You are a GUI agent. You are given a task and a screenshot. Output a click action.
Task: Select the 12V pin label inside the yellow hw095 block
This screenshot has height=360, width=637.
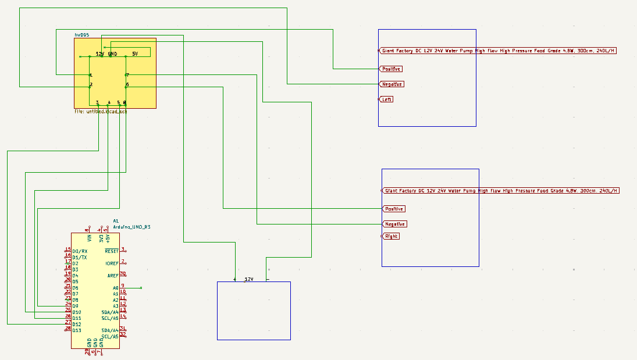[99, 54]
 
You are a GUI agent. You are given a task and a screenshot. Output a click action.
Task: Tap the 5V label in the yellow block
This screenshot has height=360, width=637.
[135, 54]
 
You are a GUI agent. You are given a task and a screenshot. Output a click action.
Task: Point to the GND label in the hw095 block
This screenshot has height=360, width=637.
[112, 54]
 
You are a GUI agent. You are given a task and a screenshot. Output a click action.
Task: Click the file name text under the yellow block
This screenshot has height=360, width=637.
[100, 111]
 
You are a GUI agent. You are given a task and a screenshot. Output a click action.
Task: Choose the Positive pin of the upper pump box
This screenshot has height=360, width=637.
[392, 69]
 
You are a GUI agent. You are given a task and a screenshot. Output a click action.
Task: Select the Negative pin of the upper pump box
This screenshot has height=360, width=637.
[392, 84]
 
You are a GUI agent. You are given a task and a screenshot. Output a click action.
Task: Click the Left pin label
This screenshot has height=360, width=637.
[387, 99]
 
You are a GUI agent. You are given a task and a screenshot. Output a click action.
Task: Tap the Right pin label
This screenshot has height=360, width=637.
[392, 237]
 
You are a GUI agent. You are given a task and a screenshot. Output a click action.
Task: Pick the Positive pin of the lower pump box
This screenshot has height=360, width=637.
[394, 209]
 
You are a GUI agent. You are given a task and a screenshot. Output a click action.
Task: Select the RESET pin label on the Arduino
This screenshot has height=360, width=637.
[111, 251]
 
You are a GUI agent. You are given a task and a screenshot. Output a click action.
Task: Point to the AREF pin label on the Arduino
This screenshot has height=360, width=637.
[113, 276]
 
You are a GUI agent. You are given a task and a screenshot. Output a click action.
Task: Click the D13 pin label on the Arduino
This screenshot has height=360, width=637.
[77, 330]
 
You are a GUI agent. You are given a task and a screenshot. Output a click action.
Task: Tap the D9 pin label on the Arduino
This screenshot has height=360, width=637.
[76, 306]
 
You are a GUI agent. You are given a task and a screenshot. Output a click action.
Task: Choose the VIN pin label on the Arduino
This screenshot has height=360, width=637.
[90, 238]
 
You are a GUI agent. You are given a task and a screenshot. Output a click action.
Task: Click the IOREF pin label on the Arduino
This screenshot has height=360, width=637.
[112, 263]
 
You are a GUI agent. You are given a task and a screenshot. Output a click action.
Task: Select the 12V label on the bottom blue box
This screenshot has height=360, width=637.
[249, 279]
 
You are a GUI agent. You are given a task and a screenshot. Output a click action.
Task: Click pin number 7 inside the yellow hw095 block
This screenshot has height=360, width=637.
[127, 75]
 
